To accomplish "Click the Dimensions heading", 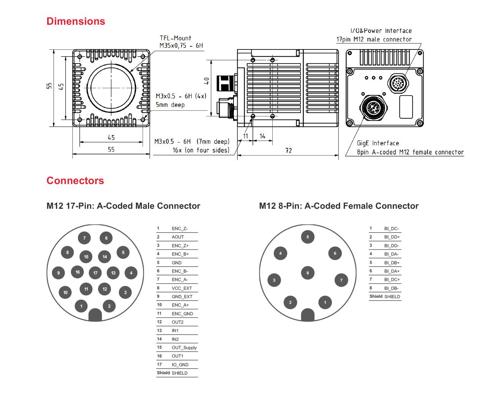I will [x=76, y=21].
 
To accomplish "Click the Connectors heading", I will [x=75, y=181].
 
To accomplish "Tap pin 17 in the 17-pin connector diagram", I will [x=95, y=273].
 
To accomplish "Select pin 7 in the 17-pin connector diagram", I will [x=84, y=238].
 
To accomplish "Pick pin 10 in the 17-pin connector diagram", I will [x=65, y=292].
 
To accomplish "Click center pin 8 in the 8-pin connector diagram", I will [x=308, y=273].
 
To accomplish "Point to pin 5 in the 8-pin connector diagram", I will [x=308, y=237].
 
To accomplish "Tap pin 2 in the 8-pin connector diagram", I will [x=290, y=302].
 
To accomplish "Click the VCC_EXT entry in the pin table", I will [x=182, y=288].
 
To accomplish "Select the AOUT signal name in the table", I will [x=178, y=237].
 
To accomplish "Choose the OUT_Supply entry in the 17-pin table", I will [x=184, y=348].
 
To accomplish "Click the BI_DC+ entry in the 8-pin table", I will [x=392, y=280].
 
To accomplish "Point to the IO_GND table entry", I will [x=180, y=365].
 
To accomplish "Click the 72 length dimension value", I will [x=289, y=151].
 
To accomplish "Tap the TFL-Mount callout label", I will [x=175, y=38].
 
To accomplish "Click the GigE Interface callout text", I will [x=378, y=143].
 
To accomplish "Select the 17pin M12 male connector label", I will [x=374, y=40].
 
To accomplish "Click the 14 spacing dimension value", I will [x=262, y=136].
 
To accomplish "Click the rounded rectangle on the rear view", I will [x=406, y=107].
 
